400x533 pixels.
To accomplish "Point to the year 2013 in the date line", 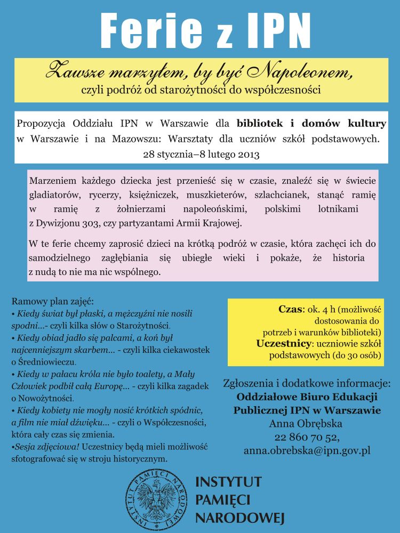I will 249,155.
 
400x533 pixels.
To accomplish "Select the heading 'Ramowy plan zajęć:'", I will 53,301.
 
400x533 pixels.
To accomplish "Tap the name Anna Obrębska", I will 307,424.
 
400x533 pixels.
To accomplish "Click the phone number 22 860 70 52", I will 307,438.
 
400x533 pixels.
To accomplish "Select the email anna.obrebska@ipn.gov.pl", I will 307,451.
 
